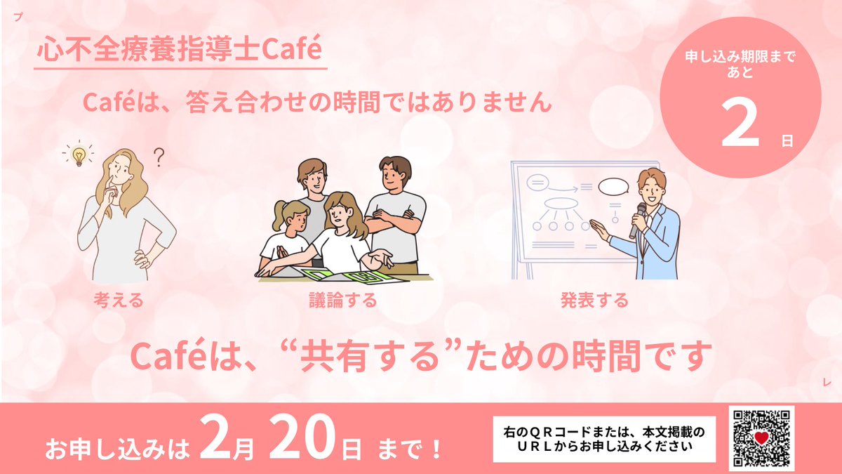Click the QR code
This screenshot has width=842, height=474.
tap(761, 439)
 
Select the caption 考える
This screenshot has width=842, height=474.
tap(119, 301)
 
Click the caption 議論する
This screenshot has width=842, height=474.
tap(343, 301)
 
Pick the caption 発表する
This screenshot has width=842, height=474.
tap(594, 301)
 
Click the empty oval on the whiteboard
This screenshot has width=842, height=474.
tap(613, 187)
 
